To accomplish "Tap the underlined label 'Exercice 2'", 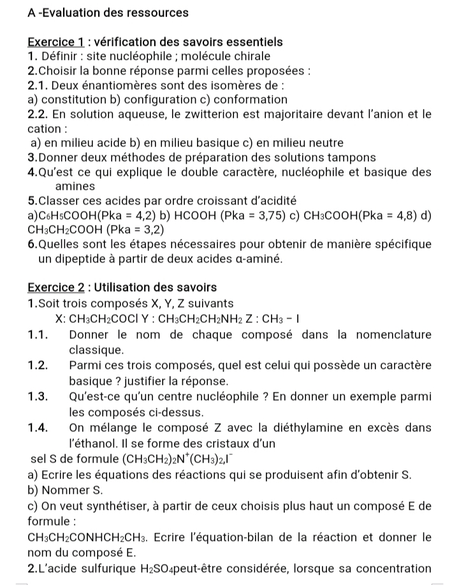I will click(56, 287).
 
